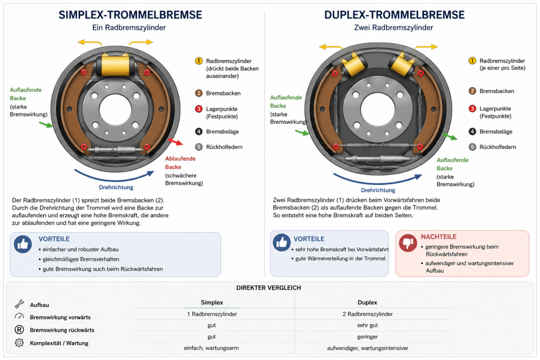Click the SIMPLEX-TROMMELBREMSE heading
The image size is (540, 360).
coord(130,15)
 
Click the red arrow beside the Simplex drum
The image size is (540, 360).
coord(176,141)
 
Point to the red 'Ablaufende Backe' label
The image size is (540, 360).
coord(180,163)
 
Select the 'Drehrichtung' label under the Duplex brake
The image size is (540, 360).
coord(378,190)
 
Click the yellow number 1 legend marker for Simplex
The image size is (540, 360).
coord(199,61)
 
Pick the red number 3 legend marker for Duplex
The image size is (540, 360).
coord(472,109)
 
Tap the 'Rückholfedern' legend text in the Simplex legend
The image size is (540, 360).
coord(224,147)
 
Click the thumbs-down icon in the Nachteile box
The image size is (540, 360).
coord(408,242)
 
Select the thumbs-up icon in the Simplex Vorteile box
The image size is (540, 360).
coord(23,244)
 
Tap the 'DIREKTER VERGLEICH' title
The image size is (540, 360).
coord(268,288)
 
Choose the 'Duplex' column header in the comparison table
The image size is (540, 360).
coord(367,302)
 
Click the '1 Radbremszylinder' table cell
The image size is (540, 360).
coord(212,314)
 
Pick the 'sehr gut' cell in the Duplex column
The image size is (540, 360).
coord(367,325)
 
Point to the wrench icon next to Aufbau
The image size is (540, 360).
coord(20,304)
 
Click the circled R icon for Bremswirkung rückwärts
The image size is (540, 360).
coord(20,330)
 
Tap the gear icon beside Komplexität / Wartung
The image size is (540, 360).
coord(20,343)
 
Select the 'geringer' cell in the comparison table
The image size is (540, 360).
coord(367,337)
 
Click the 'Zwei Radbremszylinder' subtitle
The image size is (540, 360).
coord(393,27)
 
